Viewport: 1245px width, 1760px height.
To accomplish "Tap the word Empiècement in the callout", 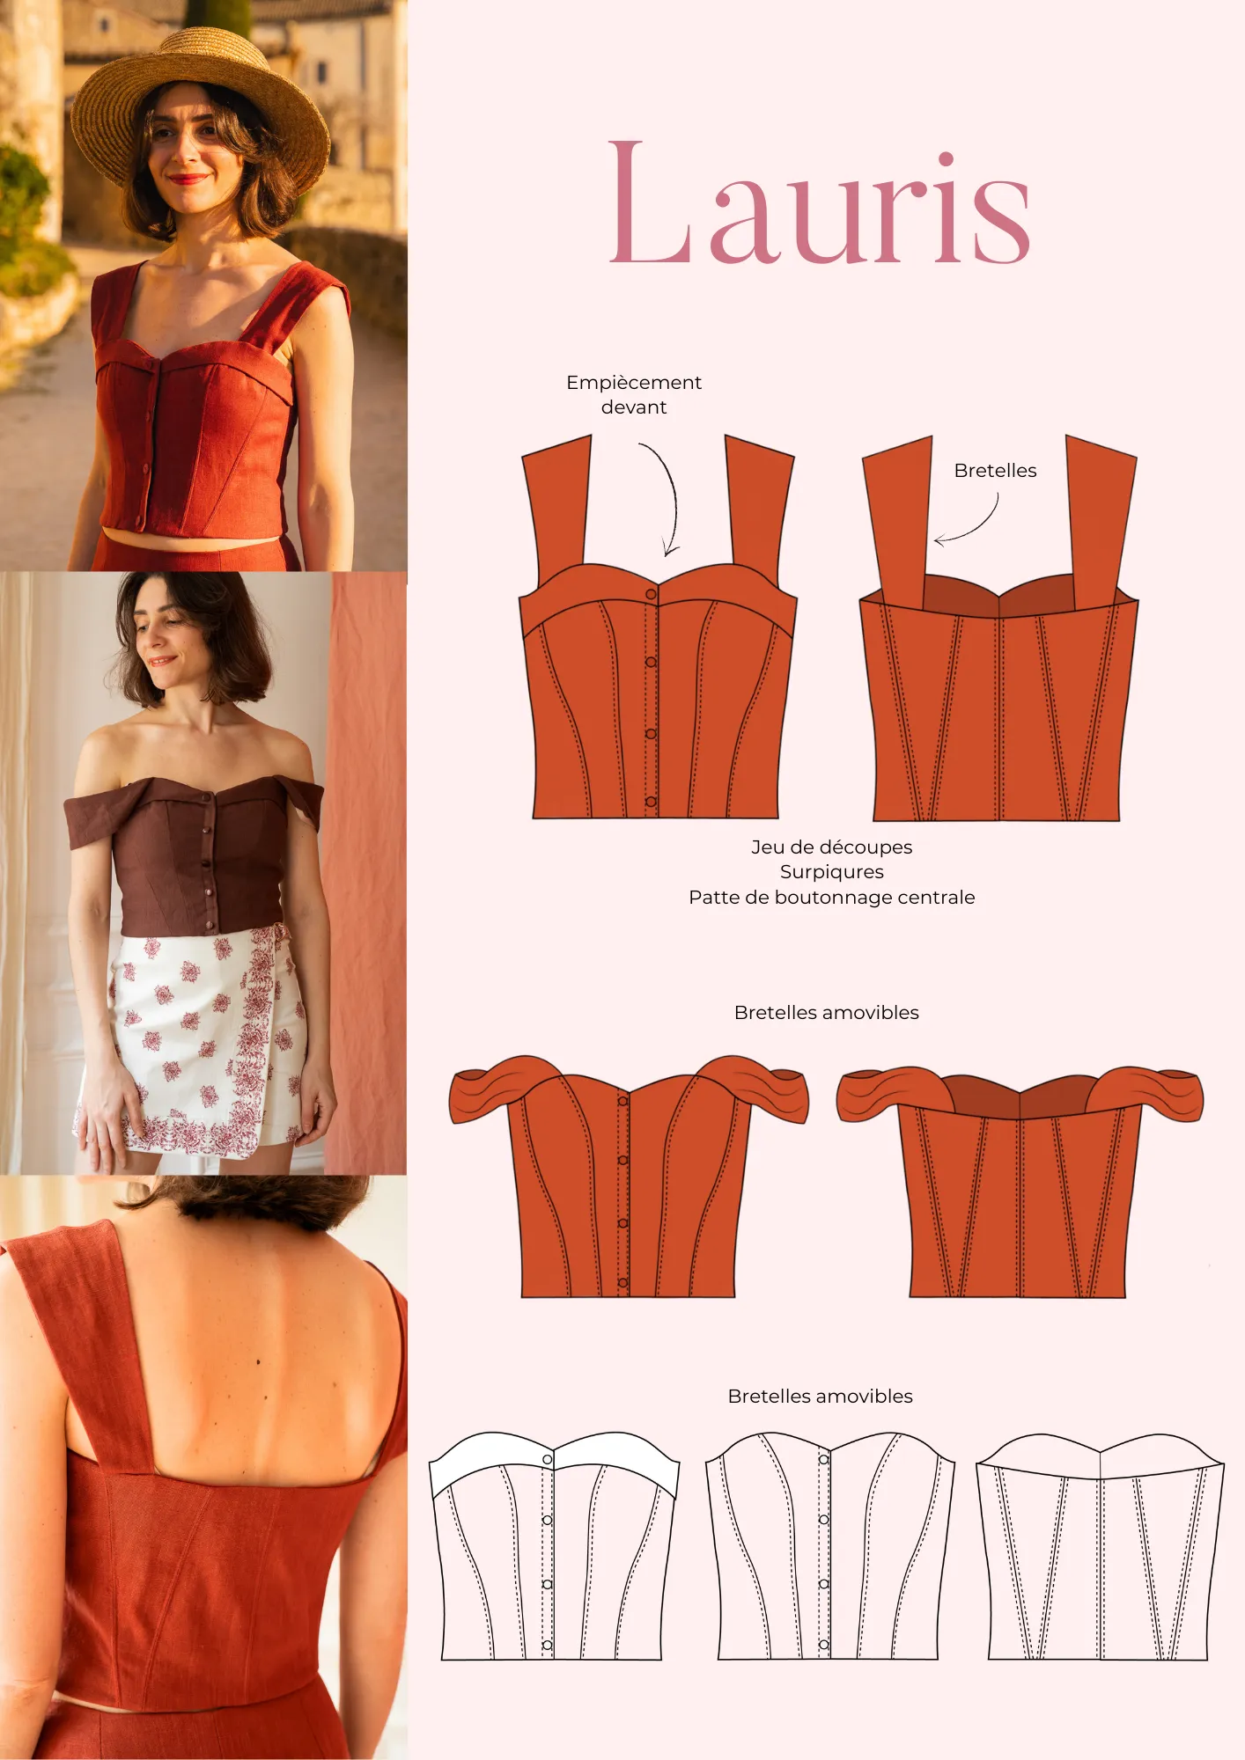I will click(x=633, y=383).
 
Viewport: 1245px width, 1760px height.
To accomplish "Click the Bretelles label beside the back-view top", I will click(x=995, y=471).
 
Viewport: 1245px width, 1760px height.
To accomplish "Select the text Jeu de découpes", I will click(x=831, y=847).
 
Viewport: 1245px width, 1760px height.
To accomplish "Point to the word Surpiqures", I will click(x=831, y=872).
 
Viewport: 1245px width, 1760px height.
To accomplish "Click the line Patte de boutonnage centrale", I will click(x=831, y=898).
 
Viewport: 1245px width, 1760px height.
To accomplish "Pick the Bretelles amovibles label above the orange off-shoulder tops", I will click(x=826, y=1013).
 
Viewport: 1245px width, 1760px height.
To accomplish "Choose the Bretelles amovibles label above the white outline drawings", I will click(x=820, y=1397).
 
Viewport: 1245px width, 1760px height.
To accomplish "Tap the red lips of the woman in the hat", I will click(x=188, y=180).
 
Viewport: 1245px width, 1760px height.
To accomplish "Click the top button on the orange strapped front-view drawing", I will click(x=652, y=595).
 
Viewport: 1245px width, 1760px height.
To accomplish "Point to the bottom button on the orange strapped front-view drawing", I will click(x=651, y=802).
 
